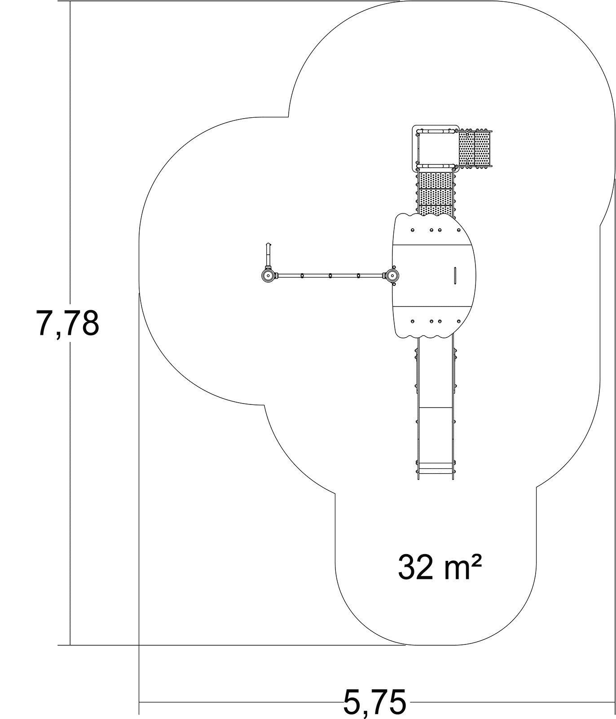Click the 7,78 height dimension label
point(67,323)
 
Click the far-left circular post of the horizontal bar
point(268,275)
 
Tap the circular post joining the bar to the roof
point(392,275)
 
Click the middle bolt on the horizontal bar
point(330,275)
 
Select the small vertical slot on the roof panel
point(455,275)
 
